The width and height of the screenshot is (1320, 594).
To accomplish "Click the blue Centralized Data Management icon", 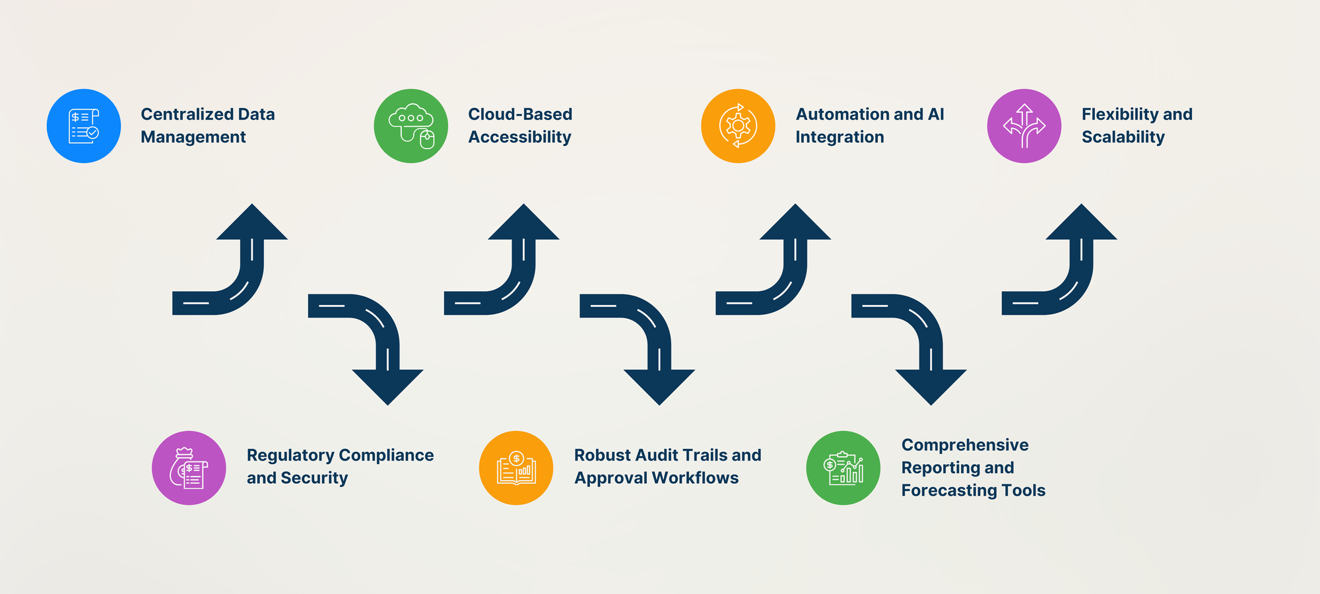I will coord(84,126).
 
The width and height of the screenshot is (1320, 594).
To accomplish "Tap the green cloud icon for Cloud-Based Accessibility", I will coord(411,126).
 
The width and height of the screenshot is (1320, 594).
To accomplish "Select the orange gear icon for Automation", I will coord(738,126).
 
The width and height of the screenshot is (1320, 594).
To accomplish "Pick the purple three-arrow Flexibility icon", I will coord(1024,126).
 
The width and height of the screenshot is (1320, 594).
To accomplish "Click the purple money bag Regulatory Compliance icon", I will coord(189,468).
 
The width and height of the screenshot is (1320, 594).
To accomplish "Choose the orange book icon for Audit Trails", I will coord(516,468).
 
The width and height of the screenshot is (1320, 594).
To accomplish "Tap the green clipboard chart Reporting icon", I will coord(843,468).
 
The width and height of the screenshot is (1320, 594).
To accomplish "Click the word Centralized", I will coord(187,114).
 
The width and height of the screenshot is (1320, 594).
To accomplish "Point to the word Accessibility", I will coord(519,137).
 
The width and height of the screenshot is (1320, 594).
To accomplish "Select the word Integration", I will coord(840,137).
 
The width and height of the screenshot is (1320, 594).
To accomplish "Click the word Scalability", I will coord(1123,137).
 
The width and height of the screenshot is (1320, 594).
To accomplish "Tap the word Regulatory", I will coord(290,455).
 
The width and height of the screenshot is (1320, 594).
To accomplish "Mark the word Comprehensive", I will coord(964,445).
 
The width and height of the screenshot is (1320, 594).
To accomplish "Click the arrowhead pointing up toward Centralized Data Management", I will coord(252,224).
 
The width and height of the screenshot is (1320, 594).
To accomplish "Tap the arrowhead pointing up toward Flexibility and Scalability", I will coord(1081,224).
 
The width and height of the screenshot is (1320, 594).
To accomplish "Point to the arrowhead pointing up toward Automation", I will coord(795,224).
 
